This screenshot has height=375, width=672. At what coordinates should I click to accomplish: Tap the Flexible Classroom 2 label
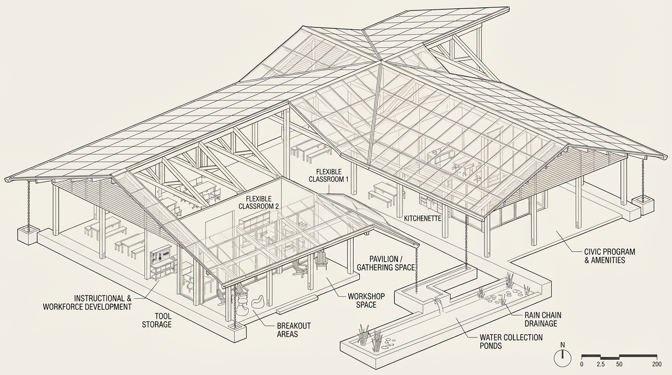[x=258, y=203]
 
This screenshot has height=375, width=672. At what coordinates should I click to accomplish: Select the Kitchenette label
[x=422, y=219]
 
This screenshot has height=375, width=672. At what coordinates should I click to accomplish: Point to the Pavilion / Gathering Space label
[x=385, y=263]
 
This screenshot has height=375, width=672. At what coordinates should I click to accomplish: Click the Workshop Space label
[x=366, y=300]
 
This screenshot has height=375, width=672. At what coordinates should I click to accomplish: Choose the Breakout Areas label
[x=294, y=330]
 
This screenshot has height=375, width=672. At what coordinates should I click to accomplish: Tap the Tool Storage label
[x=156, y=320]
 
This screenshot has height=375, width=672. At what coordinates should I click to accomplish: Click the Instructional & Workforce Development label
[x=87, y=303]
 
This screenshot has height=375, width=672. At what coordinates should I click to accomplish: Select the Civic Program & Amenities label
[x=609, y=256]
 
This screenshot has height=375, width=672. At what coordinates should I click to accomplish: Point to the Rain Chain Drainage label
[x=541, y=319]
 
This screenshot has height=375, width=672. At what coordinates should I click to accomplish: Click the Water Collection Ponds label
[x=511, y=341]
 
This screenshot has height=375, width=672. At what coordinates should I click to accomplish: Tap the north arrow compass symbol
[x=562, y=358]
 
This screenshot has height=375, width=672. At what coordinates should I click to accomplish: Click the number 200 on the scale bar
[x=657, y=364]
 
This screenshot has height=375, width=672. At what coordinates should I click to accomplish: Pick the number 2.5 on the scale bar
[x=601, y=364]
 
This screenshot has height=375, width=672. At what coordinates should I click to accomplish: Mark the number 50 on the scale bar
[x=619, y=364]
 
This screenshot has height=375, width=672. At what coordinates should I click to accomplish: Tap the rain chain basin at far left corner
[x=28, y=234]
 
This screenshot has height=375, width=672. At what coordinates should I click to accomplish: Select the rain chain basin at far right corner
[x=642, y=205]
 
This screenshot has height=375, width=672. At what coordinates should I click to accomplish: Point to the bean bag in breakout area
[x=257, y=301]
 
